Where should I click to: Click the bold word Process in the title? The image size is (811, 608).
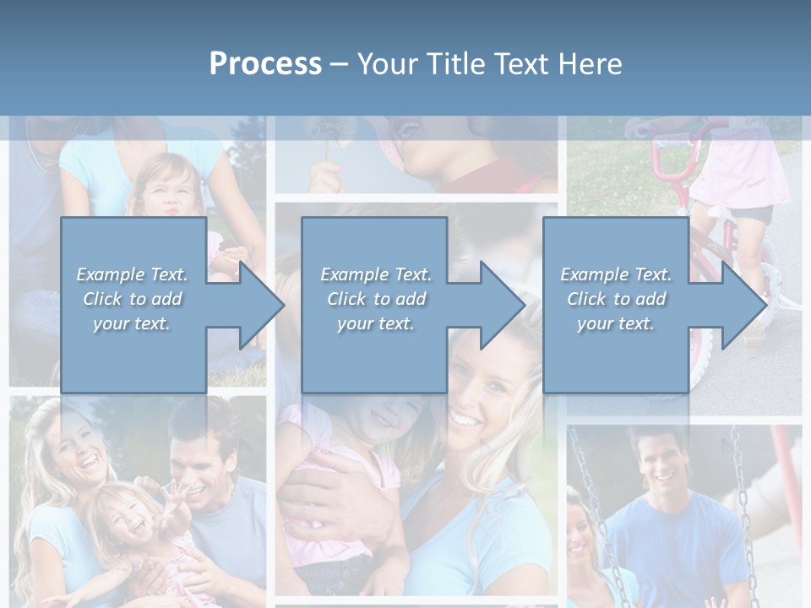[265, 64]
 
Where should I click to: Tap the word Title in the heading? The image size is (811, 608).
[455, 64]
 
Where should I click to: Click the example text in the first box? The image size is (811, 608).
[133, 298]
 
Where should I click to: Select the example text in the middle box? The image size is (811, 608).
[376, 298]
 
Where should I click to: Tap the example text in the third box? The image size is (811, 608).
[616, 298]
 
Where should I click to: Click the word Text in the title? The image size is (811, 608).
[524, 64]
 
